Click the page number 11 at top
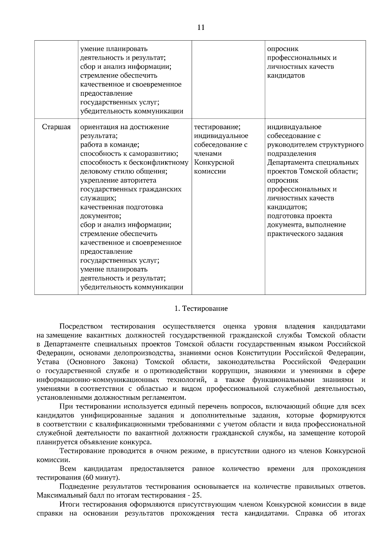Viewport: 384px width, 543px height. pyautogui.click(x=201, y=28)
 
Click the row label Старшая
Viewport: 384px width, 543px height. pyautogui.click(x=56, y=127)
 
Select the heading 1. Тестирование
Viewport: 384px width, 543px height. pyautogui.click(x=201, y=309)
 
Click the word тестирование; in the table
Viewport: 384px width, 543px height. pyautogui.click(x=217, y=127)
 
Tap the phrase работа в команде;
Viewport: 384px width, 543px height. pyautogui.click(x=109, y=145)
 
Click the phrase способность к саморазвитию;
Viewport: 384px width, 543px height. pyautogui.click(x=129, y=153)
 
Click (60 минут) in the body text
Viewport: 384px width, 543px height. pyautogui.click(x=101, y=478)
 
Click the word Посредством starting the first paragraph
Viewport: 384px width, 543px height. pyautogui.click(x=81, y=327)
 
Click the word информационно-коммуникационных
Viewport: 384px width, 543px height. pyautogui.click(x=98, y=380)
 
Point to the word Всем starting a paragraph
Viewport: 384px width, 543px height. pyautogui.click(x=68, y=469)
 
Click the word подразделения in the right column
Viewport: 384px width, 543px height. pyautogui.click(x=292, y=153)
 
